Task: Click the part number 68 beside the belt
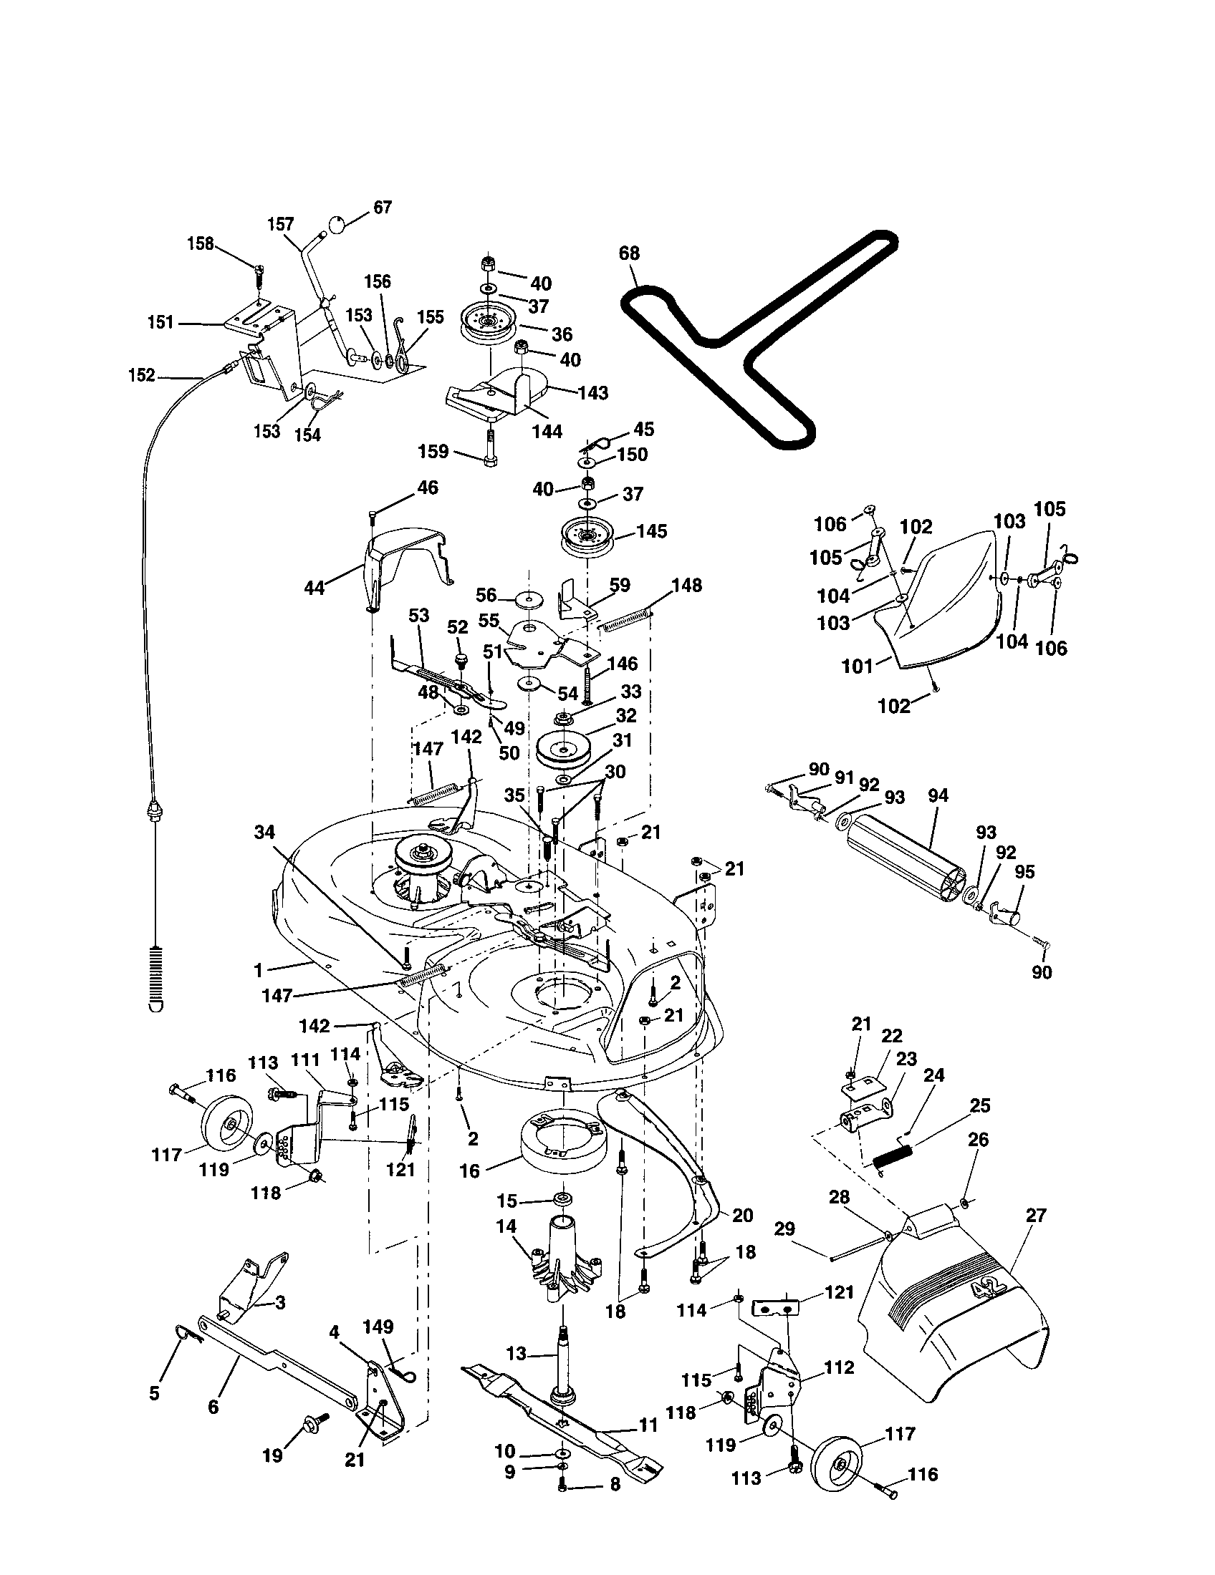(x=629, y=253)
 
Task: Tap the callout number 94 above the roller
(x=938, y=795)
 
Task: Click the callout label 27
(x=1035, y=1216)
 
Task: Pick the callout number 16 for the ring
(x=469, y=1171)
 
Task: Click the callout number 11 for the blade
(x=648, y=1425)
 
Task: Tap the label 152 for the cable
(x=141, y=375)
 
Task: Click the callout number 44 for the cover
(x=314, y=588)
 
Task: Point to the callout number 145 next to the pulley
(x=651, y=531)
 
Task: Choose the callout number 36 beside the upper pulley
(x=562, y=334)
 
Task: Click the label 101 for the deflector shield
(x=857, y=667)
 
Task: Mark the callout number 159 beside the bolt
(x=433, y=452)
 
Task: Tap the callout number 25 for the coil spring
(x=980, y=1105)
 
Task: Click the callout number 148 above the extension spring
(x=686, y=586)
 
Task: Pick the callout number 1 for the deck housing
(x=259, y=970)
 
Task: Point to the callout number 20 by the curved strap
(x=742, y=1215)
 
